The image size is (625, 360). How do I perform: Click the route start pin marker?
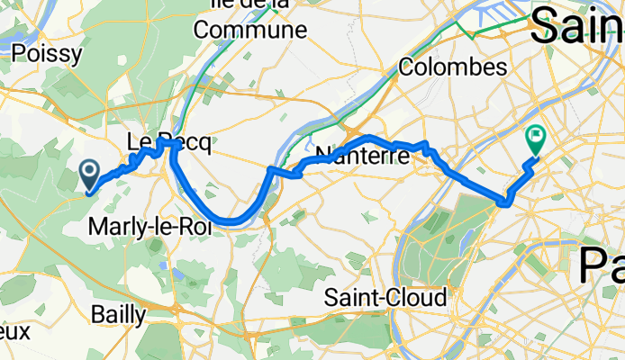91,171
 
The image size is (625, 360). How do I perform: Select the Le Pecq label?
168,142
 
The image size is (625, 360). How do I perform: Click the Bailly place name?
119,313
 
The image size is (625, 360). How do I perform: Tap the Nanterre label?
363,154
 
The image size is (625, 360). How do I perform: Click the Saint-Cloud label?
385,297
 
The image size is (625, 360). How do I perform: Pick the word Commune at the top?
249,30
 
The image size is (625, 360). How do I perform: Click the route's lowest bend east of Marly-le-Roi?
232,220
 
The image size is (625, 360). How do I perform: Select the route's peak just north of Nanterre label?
370,138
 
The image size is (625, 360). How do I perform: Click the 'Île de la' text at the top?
249,5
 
